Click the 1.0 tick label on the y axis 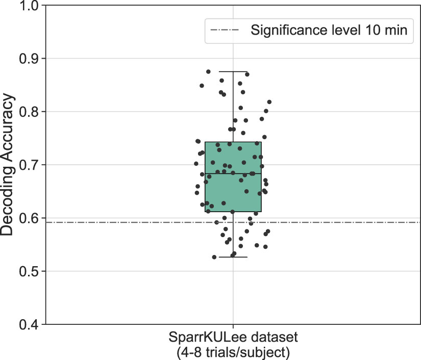click(30, 6)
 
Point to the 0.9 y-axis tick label click(30, 59)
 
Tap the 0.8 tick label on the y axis click(30, 112)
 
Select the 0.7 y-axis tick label click(30, 165)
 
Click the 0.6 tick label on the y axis click(30, 218)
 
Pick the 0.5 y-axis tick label click(30, 271)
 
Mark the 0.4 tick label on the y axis click(30, 324)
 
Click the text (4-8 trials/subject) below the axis click(233, 351)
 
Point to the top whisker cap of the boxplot click(233, 72)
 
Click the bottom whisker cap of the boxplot click(233, 257)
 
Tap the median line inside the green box click(233, 174)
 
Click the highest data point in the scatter click(208, 72)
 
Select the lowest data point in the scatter click(214, 257)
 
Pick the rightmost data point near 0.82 click(269, 102)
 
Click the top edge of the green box click(233, 142)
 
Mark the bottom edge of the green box click(233, 212)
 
